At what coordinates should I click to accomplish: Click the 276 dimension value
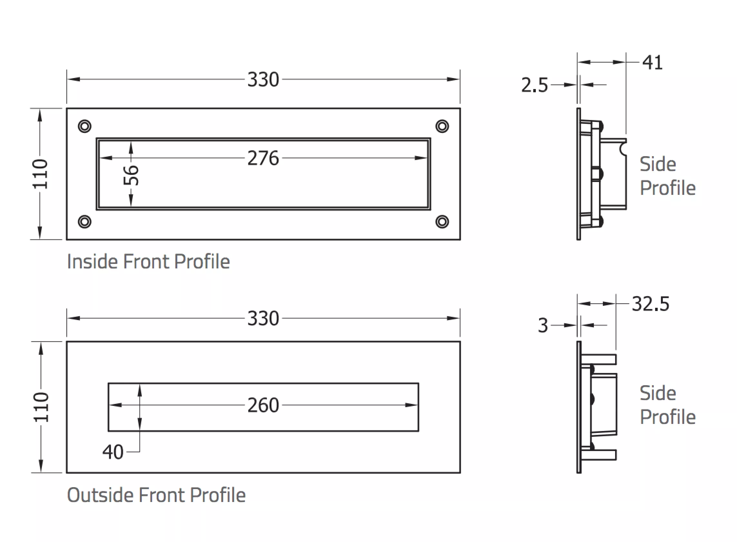click(263, 158)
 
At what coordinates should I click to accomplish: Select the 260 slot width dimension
click(263, 405)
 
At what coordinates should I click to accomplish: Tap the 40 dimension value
click(113, 452)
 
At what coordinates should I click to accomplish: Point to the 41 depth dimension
click(652, 62)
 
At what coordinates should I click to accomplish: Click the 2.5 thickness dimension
click(535, 85)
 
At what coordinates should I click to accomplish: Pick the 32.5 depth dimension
click(651, 304)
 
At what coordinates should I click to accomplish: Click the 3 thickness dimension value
click(543, 326)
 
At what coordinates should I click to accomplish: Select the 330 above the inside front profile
click(263, 79)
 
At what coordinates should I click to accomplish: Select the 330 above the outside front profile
click(263, 318)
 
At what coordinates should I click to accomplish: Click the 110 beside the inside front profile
click(40, 174)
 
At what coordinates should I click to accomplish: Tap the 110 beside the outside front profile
click(41, 407)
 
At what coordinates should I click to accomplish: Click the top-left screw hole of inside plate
click(84, 126)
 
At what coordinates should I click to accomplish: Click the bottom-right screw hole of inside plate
click(442, 222)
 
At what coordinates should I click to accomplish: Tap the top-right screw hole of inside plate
click(442, 126)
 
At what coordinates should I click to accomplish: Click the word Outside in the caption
click(100, 495)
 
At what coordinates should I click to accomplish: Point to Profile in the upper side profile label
click(667, 188)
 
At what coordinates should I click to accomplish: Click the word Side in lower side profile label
click(658, 393)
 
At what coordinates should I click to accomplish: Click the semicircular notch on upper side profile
click(623, 149)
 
